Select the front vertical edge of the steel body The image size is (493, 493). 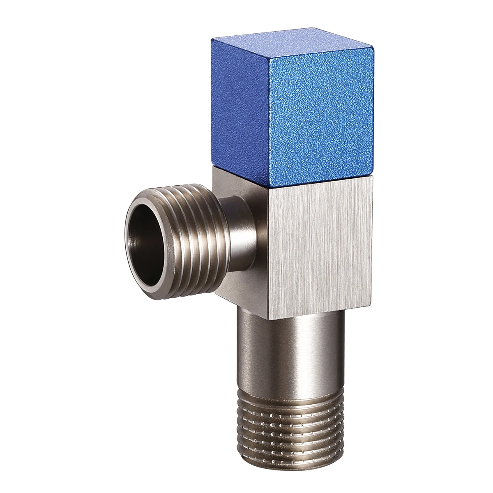click(269, 246)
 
